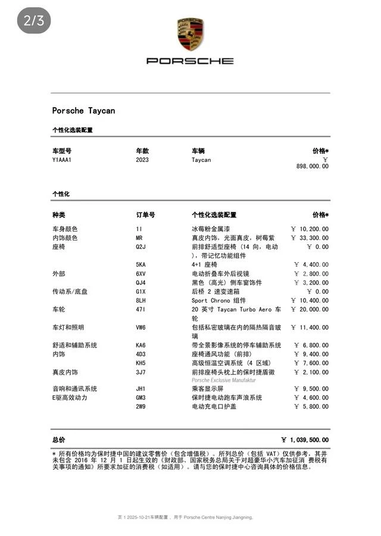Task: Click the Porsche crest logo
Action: pyautogui.click(x=190, y=34)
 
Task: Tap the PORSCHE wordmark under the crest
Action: pyautogui.click(x=190, y=61)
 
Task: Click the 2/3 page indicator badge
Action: pyautogui.click(x=34, y=21)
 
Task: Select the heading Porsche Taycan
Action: pyautogui.click(x=83, y=111)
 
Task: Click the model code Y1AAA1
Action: pyautogui.click(x=62, y=160)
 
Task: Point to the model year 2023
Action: pyautogui.click(x=142, y=160)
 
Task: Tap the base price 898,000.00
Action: pyautogui.click(x=312, y=167)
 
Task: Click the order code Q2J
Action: pyautogui.click(x=141, y=247)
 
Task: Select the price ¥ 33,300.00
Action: pyautogui.click(x=310, y=238)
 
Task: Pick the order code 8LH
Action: pyautogui.click(x=141, y=301)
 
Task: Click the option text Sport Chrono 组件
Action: pyautogui.click(x=218, y=301)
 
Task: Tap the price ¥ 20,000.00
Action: pyautogui.click(x=310, y=310)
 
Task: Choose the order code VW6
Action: pyautogui.click(x=141, y=328)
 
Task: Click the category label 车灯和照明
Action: pyautogui.click(x=68, y=328)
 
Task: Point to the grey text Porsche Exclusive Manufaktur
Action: pyautogui.click(x=223, y=380)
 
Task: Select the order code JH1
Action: pyautogui.click(x=141, y=389)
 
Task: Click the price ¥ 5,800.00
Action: pyautogui.click(x=311, y=407)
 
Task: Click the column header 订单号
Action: pyautogui.click(x=145, y=215)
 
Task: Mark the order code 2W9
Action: pyautogui.click(x=141, y=407)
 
